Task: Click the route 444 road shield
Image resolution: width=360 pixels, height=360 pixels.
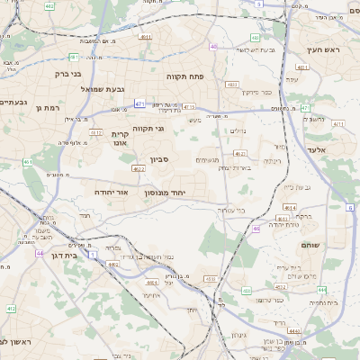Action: pyautogui.click(x=321, y=290)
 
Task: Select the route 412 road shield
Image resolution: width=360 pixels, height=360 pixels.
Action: pyautogui.click(x=11, y=309)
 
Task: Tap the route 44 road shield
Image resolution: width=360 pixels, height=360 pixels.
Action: pyautogui.click(x=40, y=253)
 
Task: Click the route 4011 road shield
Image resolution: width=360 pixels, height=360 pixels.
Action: pyautogui.click(x=146, y=37)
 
